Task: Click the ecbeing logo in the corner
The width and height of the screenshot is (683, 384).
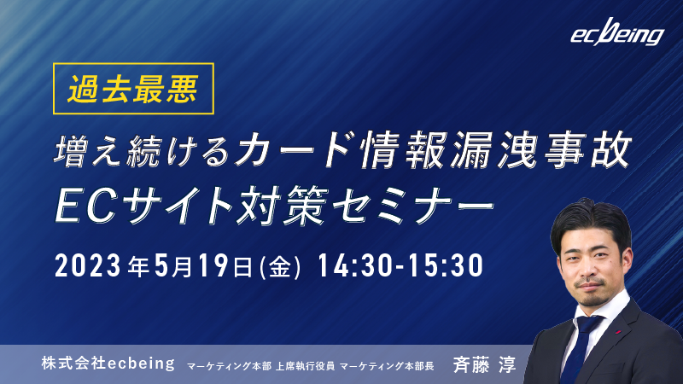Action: point(617,32)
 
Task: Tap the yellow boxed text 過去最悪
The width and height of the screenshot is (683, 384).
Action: point(133,89)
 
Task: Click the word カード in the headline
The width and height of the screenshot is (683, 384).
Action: point(293,150)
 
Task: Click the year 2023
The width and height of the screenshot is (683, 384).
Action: point(88,265)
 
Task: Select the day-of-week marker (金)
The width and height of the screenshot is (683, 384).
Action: point(280,266)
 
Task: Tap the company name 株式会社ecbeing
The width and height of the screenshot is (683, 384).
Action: point(108,364)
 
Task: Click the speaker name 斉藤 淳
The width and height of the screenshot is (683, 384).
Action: point(484,364)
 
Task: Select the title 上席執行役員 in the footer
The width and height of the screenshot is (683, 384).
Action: point(305,366)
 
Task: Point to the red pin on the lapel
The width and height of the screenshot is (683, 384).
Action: point(618,333)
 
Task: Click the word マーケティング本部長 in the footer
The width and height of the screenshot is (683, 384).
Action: point(387,366)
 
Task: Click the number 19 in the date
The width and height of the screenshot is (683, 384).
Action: point(213,265)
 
